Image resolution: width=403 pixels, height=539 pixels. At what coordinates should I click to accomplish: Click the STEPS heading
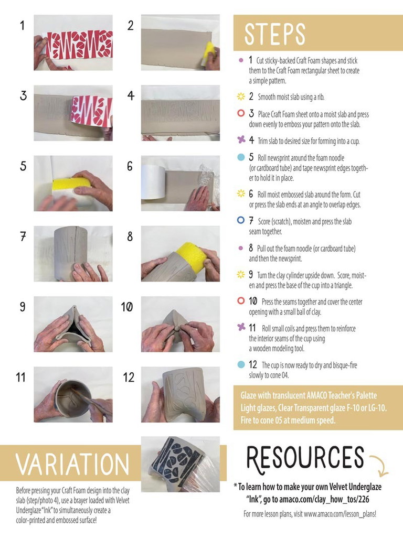click(274, 34)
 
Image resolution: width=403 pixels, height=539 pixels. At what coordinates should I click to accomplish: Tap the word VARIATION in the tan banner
click(72, 464)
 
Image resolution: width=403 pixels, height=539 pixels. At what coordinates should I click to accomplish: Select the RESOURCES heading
click(305, 458)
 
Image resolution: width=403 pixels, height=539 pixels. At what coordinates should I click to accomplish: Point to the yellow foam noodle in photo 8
click(190, 256)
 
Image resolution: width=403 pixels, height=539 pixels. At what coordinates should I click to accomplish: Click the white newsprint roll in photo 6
click(154, 181)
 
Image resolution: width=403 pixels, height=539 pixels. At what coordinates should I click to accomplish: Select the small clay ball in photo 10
click(177, 328)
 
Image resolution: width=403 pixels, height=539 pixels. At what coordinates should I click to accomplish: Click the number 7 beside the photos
click(23, 236)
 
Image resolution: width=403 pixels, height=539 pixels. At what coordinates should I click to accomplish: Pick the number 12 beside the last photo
click(129, 377)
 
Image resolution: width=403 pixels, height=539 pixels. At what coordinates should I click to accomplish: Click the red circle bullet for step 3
click(241, 113)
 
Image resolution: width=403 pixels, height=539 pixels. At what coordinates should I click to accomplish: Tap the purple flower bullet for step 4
click(241, 139)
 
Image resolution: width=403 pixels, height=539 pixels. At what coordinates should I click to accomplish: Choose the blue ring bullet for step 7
click(241, 220)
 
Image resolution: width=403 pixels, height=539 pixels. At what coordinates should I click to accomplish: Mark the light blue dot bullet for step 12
click(241, 364)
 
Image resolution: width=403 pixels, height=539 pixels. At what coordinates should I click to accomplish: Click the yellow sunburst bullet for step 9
click(241, 274)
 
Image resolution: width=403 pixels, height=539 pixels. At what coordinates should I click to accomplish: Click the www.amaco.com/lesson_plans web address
click(340, 514)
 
